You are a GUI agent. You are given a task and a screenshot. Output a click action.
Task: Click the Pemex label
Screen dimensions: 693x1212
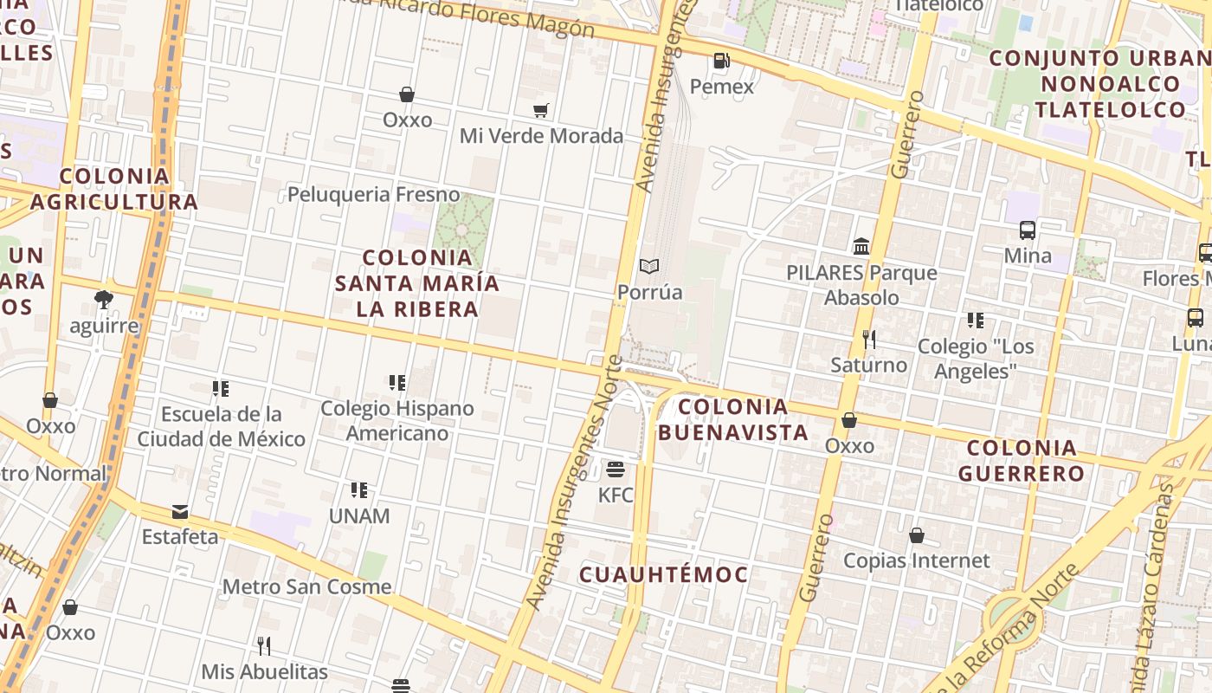pyautogui.click(x=722, y=87)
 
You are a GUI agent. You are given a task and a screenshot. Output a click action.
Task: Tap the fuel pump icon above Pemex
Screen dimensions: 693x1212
pyautogui.click(x=721, y=61)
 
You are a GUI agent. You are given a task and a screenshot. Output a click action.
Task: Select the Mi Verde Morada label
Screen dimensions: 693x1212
pyautogui.click(x=541, y=136)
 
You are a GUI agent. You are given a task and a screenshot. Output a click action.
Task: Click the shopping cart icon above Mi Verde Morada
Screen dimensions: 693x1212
pyautogui.click(x=541, y=110)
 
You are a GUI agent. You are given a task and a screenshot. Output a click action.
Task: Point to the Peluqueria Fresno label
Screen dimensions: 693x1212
pyautogui.click(x=373, y=194)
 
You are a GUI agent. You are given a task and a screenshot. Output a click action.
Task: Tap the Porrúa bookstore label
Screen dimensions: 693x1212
pyautogui.click(x=649, y=292)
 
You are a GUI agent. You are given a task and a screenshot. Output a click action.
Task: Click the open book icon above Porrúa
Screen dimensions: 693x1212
pyautogui.click(x=649, y=266)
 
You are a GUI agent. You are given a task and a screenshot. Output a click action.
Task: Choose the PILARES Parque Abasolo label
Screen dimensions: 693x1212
pyautogui.click(x=861, y=285)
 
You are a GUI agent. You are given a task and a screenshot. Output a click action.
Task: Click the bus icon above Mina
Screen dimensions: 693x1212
pyautogui.click(x=1028, y=230)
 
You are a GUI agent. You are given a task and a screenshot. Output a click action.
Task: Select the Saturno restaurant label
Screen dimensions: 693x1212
pyautogui.click(x=869, y=365)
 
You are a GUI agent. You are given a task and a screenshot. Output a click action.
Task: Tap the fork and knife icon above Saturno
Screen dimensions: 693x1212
pyautogui.click(x=869, y=339)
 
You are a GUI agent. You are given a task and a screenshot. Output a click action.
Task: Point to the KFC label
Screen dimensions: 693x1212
pyautogui.click(x=616, y=495)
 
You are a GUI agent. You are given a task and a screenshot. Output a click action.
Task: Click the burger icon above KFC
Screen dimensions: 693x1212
pyautogui.click(x=616, y=470)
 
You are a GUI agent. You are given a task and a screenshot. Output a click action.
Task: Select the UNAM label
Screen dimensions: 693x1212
pyautogui.click(x=359, y=516)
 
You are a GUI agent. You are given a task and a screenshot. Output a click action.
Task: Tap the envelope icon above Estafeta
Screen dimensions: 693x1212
pyautogui.click(x=180, y=511)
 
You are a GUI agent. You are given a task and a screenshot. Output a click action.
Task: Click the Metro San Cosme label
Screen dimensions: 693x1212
pyautogui.click(x=306, y=586)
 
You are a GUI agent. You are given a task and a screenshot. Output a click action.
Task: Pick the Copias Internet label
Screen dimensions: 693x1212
pyautogui.click(x=916, y=560)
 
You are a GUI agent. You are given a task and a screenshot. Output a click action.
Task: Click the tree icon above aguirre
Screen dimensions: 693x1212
pyautogui.click(x=104, y=300)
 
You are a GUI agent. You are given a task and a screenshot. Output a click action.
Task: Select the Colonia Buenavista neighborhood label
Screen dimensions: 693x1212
pyautogui.click(x=733, y=419)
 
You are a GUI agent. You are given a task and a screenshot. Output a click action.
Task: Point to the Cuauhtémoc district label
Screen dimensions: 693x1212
pyautogui.click(x=663, y=574)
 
